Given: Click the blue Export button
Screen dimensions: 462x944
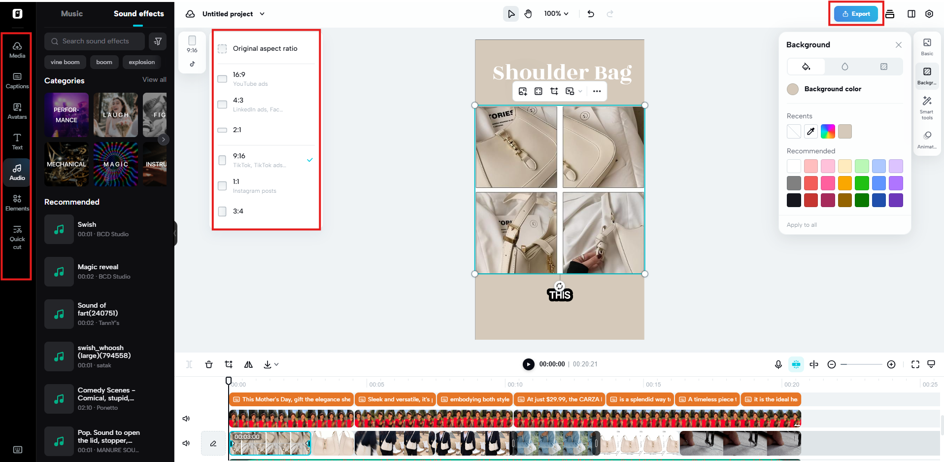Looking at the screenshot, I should click(856, 14).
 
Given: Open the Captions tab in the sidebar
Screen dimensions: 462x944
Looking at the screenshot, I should click(17, 80).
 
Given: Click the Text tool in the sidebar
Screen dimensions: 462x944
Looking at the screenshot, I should click(17, 141).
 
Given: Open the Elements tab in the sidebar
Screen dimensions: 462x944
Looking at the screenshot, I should click(17, 202).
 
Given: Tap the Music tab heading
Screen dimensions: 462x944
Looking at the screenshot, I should click(72, 14).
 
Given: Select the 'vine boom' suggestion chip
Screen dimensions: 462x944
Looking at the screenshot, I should click(65, 62).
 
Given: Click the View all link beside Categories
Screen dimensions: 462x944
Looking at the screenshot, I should click(154, 79).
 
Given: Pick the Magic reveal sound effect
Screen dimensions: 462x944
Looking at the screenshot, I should click(98, 271).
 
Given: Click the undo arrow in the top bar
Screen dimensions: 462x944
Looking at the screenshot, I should click(591, 14).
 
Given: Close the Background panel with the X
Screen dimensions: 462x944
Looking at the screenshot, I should click(898, 45).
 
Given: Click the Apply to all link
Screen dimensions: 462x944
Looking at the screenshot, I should click(802, 225).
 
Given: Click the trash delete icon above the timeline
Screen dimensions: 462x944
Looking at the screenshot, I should click(209, 364).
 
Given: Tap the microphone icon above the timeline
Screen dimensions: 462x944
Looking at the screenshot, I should click(778, 364).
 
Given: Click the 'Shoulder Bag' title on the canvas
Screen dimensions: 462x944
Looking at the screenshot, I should click(562, 72).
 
